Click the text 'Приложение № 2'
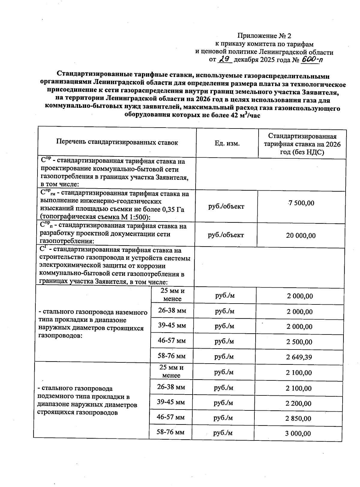[264, 36]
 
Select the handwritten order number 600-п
[312, 59]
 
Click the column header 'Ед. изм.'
[227, 144]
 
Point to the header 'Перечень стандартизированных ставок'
[117, 142]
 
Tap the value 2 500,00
[299, 342]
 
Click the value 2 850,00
[298, 419]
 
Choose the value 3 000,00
[298, 434]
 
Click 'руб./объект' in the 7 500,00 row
[226, 207]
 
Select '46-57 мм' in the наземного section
[172, 341]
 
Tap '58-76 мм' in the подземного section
[171, 432]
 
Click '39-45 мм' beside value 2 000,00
[172, 325]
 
